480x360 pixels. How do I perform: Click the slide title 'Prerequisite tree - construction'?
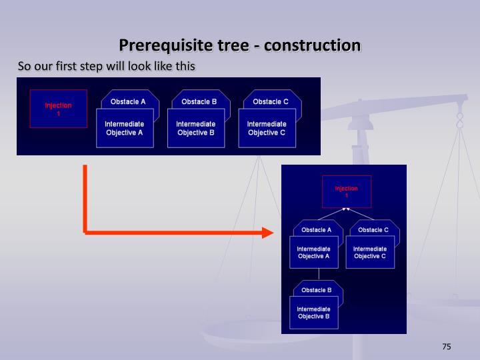coord(240,45)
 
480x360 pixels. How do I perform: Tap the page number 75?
coord(447,346)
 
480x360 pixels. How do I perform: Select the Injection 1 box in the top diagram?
coord(58,109)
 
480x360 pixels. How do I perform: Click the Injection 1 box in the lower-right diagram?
coord(346,191)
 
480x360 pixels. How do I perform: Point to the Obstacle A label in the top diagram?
coord(128,101)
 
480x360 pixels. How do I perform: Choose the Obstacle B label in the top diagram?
coord(199,101)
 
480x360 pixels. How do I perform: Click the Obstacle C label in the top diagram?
coord(271,101)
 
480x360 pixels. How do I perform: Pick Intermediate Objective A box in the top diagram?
coord(124,128)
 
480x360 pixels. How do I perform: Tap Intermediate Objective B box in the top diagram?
coord(195,128)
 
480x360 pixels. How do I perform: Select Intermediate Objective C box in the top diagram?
coord(267,128)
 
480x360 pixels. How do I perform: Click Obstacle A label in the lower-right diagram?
coord(317,230)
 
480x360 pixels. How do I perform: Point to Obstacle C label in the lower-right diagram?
coord(373,230)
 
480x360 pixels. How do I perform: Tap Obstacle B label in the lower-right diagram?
coord(317,290)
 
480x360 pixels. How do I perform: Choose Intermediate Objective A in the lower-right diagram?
coord(313,253)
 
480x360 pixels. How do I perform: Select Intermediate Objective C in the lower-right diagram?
coord(370,253)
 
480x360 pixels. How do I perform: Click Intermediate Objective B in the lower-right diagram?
coord(313,313)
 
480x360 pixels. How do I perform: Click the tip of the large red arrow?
coord(272,233)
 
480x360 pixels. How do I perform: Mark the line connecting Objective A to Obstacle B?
coord(319,274)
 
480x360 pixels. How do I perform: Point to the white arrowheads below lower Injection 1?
coord(346,209)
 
